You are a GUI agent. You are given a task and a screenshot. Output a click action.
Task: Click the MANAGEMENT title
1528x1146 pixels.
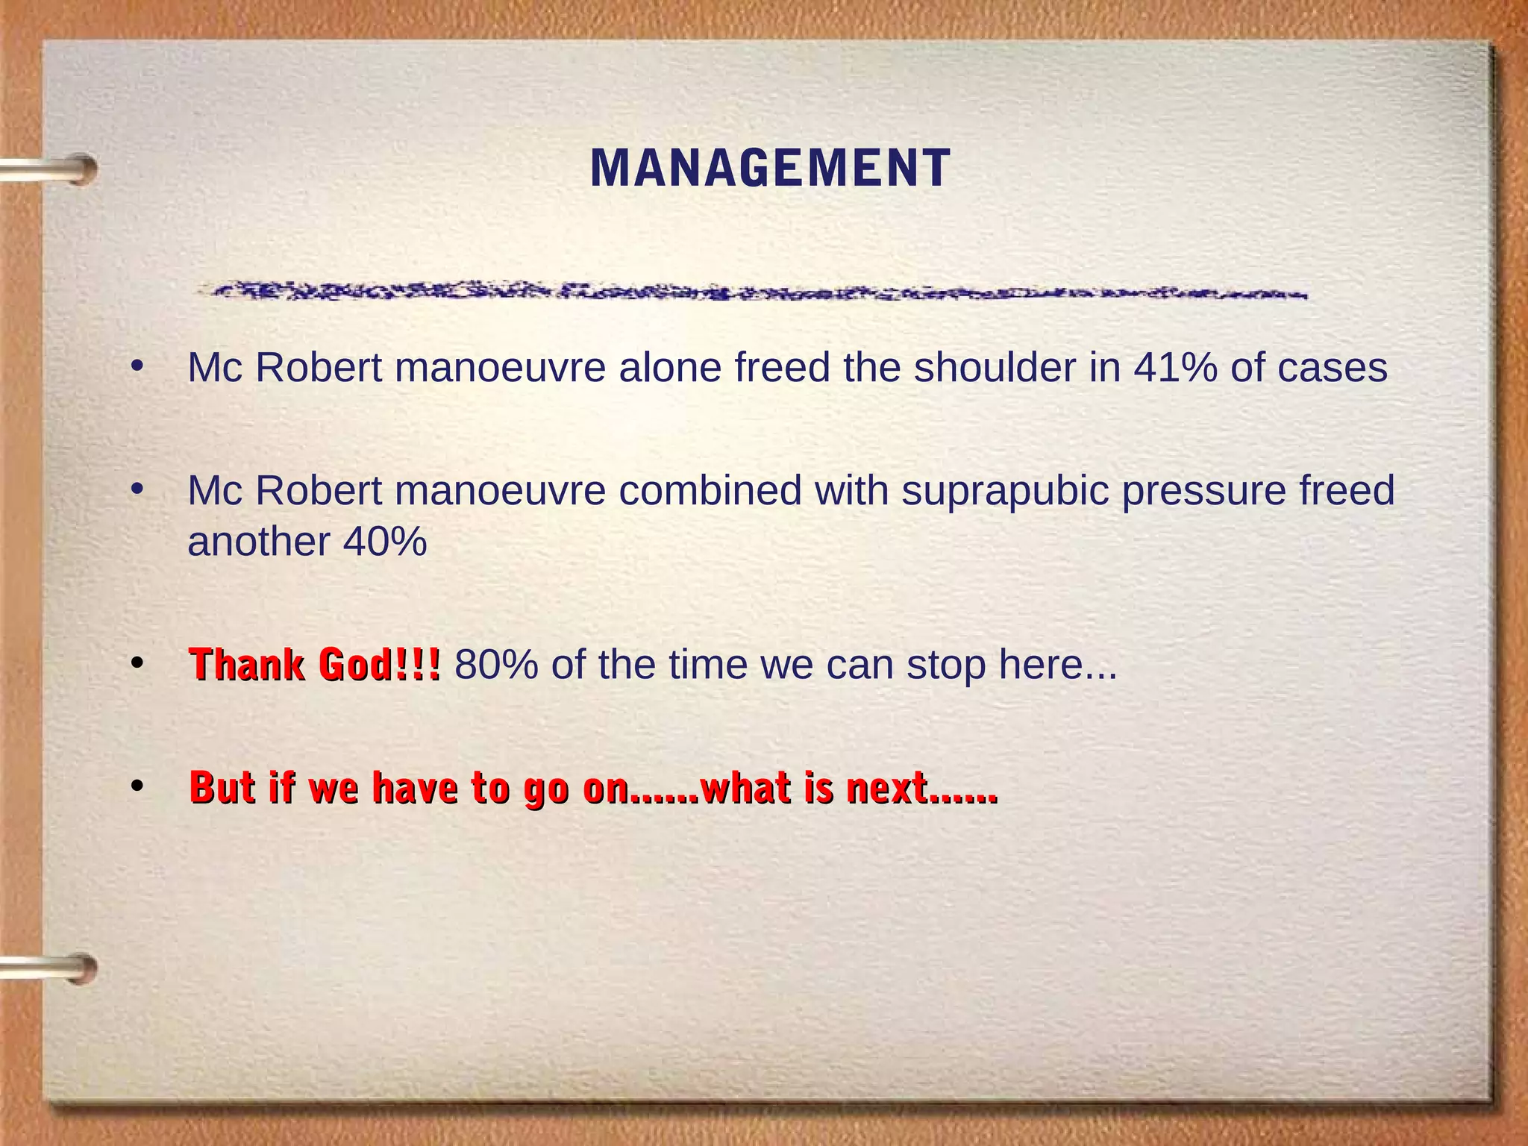click(770, 168)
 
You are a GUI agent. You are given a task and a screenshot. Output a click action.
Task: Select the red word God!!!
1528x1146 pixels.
click(380, 664)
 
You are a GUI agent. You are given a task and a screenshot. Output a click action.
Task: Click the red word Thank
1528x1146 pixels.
click(248, 664)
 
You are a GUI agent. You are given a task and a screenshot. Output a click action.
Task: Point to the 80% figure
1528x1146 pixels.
click(496, 664)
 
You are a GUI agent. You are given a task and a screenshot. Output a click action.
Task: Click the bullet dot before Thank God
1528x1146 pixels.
click(137, 663)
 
